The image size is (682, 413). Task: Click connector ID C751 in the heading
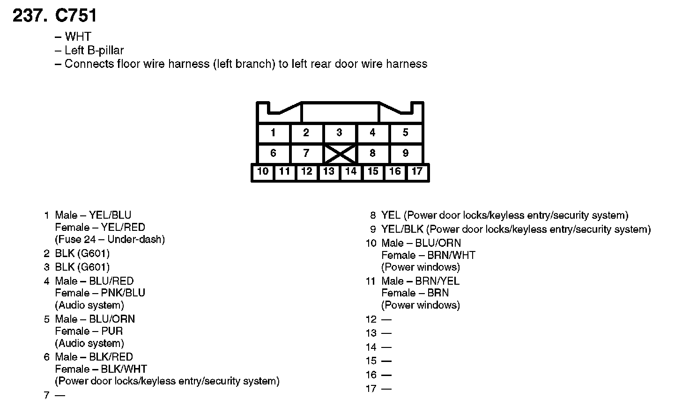tap(76, 16)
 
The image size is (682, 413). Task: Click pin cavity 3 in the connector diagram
tap(339, 133)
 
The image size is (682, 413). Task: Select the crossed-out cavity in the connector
tap(340, 154)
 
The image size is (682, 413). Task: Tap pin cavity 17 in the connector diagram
tap(417, 171)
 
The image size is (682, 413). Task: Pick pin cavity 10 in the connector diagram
tap(263, 171)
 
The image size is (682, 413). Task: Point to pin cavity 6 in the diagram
tap(273, 153)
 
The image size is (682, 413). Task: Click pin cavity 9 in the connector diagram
tap(406, 153)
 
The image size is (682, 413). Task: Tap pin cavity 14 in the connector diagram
tap(351, 171)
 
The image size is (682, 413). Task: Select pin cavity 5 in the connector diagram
tap(406, 133)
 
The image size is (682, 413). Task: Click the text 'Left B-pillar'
tap(94, 50)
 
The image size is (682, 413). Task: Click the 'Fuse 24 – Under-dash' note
tap(110, 239)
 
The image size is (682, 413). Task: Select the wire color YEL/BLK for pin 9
tap(402, 229)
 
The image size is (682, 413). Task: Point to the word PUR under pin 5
tap(112, 331)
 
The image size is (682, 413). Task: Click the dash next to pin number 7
tap(60, 395)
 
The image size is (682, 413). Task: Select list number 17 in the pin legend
tap(371, 389)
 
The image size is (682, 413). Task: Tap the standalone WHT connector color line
tap(78, 37)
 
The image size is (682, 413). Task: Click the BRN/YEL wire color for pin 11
tap(437, 281)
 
